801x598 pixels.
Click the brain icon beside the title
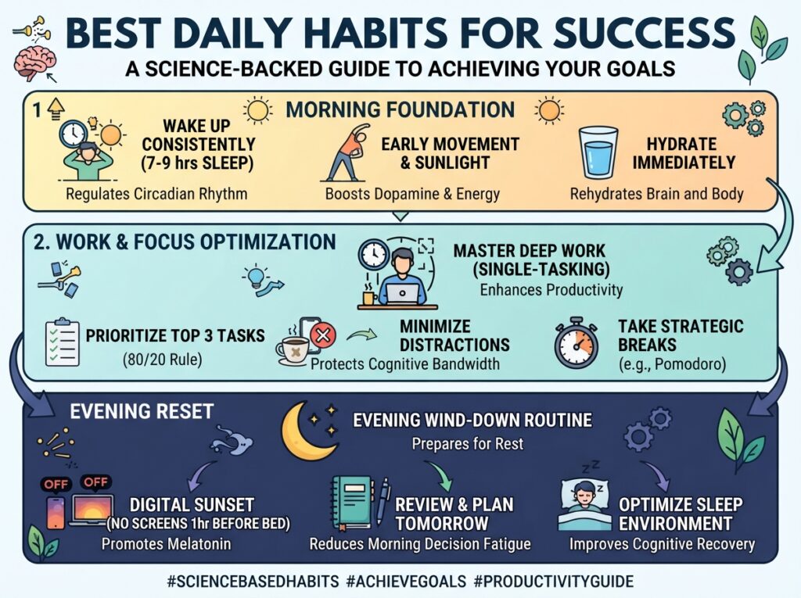click(x=34, y=63)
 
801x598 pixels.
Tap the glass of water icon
click(x=598, y=152)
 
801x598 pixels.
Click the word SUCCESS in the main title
click(x=645, y=33)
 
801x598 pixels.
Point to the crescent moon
click(x=301, y=431)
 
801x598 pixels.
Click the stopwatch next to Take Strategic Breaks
click(x=577, y=342)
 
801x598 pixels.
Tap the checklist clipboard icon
click(x=63, y=342)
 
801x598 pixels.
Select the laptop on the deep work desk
click(x=402, y=294)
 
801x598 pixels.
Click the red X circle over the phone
click(x=323, y=335)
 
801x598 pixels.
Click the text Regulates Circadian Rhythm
click(x=156, y=194)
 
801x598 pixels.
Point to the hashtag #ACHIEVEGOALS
click(x=406, y=581)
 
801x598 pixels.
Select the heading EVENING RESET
click(x=142, y=412)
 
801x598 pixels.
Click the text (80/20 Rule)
click(x=163, y=360)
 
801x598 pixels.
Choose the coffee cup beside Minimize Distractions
click(x=293, y=350)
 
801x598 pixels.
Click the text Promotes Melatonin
click(x=166, y=544)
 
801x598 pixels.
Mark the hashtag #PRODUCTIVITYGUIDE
click(x=554, y=581)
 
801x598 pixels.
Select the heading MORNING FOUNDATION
click(x=400, y=109)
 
